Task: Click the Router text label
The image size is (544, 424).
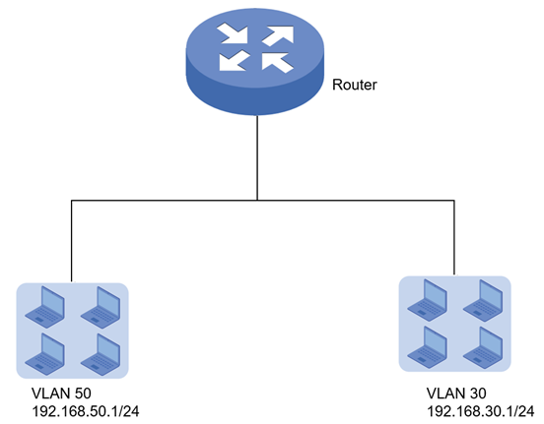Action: pos(354,85)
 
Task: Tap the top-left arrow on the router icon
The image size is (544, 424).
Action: pos(233,33)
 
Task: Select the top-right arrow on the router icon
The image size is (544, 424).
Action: pos(278,35)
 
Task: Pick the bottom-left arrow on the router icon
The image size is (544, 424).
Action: pos(234,61)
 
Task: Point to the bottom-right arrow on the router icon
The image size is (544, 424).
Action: pos(278,63)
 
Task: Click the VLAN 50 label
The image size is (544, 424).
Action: pos(61,394)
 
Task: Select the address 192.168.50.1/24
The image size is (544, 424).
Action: pos(86,411)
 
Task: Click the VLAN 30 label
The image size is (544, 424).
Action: pos(456,394)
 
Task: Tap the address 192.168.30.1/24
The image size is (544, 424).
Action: pos(480,411)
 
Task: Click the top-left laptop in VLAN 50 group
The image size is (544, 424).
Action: pos(45,307)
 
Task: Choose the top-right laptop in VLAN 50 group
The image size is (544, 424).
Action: pos(101,307)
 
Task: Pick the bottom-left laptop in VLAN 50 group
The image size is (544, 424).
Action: pos(45,354)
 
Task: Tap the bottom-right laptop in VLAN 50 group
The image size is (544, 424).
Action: pos(101,354)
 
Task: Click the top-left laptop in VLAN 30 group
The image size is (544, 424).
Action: pos(428,300)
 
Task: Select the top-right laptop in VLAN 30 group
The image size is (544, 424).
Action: pos(483,300)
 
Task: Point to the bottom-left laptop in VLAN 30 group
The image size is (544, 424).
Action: pos(428,347)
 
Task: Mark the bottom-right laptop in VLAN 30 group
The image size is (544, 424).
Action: pos(483,347)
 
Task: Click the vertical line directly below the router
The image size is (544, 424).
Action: pos(257,157)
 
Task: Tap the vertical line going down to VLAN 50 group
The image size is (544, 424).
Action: pos(72,241)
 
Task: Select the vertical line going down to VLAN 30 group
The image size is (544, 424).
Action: pos(454,238)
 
